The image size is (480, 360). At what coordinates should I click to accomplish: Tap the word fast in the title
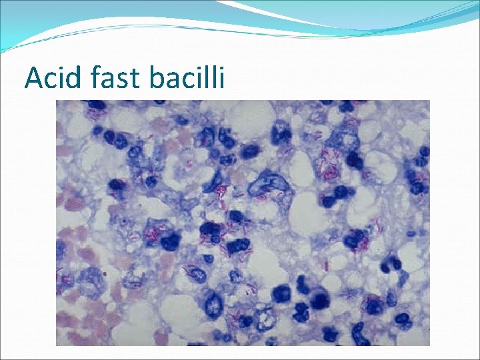tap(119, 77)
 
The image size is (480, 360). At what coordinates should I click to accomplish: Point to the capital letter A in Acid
tap(33, 77)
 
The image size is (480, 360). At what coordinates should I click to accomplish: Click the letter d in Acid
tap(76, 77)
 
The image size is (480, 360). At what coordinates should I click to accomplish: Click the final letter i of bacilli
tap(223, 77)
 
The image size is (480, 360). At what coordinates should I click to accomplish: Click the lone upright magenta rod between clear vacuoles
tap(327, 265)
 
